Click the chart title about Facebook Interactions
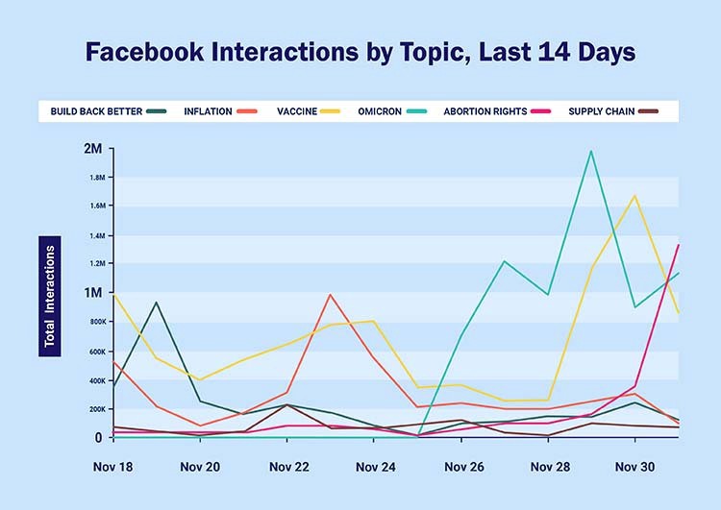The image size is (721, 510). click(360, 52)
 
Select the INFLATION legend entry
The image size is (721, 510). click(221, 111)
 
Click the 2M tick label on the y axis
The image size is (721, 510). click(93, 149)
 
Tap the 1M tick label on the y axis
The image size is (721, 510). click(93, 293)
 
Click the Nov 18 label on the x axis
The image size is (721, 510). click(112, 467)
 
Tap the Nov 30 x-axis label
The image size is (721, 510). click(634, 467)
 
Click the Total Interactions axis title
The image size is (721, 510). click(50, 297)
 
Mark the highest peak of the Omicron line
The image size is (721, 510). click(591, 151)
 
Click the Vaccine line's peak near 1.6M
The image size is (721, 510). click(634, 196)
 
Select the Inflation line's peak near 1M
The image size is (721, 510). click(330, 295)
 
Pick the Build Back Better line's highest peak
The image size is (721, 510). click(156, 303)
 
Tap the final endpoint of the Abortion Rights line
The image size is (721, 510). click(678, 245)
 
